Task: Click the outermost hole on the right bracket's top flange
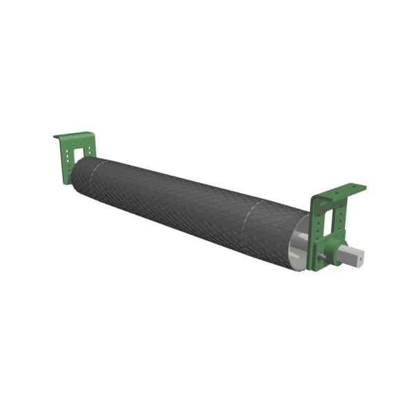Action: [353, 186]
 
